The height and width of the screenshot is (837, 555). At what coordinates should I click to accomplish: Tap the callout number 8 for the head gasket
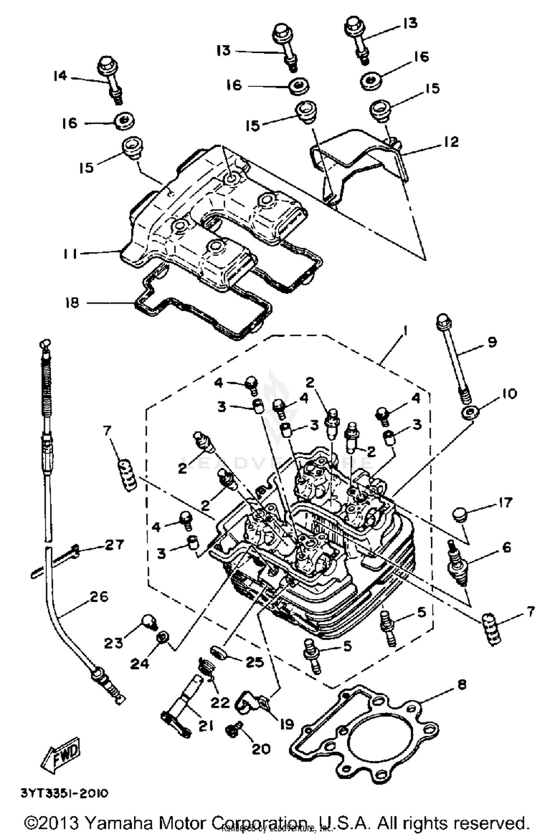(462, 684)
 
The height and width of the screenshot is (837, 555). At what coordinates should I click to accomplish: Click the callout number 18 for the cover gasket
(72, 303)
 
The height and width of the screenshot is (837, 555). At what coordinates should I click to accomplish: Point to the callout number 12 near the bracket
(450, 142)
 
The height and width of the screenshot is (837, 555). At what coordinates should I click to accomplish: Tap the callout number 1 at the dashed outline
(405, 331)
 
